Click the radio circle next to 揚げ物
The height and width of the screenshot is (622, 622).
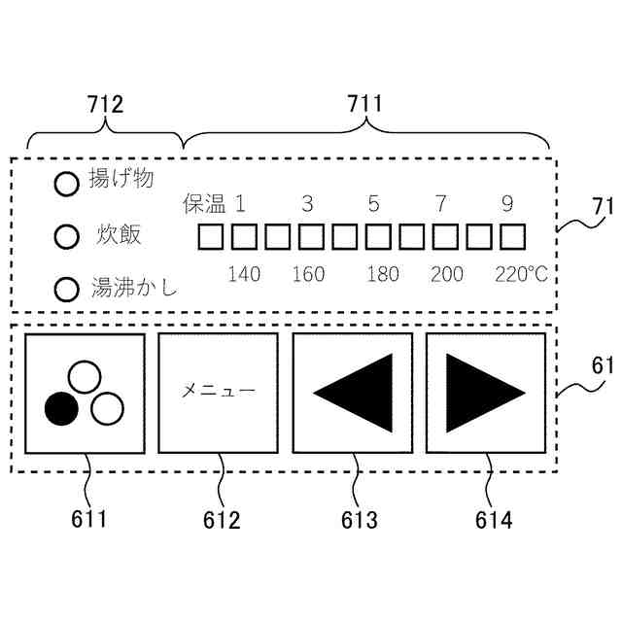point(66,185)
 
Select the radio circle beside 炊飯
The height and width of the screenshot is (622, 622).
point(66,236)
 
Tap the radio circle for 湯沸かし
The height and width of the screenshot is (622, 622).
point(66,290)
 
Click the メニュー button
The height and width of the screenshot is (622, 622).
point(219,392)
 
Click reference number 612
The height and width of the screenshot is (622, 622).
point(222,520)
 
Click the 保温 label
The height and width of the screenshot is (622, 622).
point(204,204)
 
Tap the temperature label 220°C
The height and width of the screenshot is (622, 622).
point(520,274)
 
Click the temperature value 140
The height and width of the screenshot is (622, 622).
point(244,274)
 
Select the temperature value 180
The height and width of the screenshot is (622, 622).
point(383,274)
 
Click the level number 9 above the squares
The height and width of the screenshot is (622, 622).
point(507,204)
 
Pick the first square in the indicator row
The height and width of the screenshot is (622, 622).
point(211,236)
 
